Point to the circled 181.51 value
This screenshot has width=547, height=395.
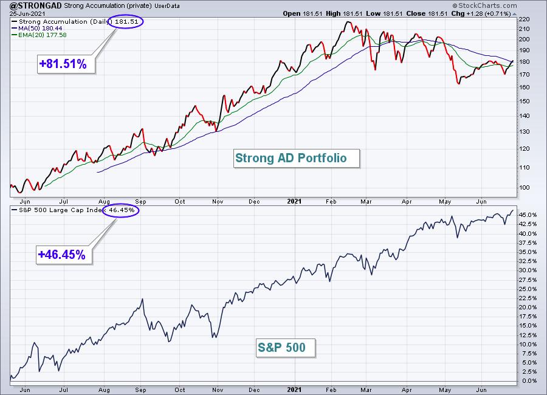click(126, 22)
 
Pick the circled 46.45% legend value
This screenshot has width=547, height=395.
click(122, 210)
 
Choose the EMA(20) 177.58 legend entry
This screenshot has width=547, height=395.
click(39, 35)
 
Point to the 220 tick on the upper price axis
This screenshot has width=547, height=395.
click(525, 19)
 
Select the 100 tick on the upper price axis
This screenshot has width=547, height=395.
click(525, 188)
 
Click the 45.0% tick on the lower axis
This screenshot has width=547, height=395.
click(528, 215)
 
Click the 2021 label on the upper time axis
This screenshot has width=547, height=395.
click(294, 201)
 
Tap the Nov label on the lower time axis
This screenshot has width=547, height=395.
click(218, 390)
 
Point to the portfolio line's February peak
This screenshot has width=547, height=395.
click(348, 22)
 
